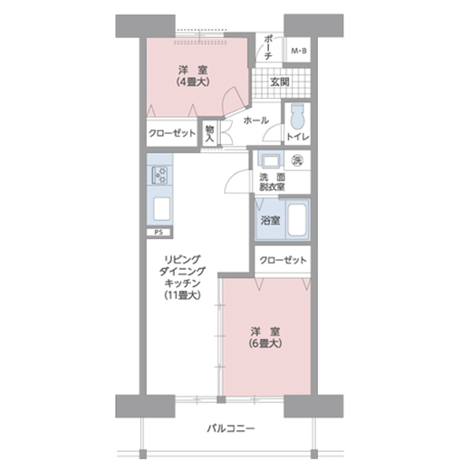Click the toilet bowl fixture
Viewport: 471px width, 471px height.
[297, 117]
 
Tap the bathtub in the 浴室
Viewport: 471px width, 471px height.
[298, 219]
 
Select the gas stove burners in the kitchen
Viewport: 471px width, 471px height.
[159, 175]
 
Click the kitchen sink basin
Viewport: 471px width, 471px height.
[161, 209]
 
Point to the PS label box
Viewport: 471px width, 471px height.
[159, 233]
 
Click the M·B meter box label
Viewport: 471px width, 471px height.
[299, 51]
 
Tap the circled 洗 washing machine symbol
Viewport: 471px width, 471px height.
[297, 161]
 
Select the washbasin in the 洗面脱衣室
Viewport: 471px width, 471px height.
[271, 161]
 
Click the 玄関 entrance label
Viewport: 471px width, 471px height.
[280, 82]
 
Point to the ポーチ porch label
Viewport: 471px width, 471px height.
[268, 48]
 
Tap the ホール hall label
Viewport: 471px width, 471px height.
[256, 120]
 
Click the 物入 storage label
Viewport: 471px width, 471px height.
[209, 133]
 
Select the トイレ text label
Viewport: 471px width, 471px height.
[298, 137]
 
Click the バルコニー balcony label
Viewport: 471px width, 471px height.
[231, 428]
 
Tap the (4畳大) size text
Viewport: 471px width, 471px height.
[193, 82]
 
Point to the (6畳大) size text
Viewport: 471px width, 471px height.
[265, 343]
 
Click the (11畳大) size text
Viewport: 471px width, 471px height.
[182, 295]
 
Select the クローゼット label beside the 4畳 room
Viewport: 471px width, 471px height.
[172, 133]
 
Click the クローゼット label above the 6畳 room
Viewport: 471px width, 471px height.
[283, 260]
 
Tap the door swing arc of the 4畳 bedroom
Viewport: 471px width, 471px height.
[227, 96]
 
